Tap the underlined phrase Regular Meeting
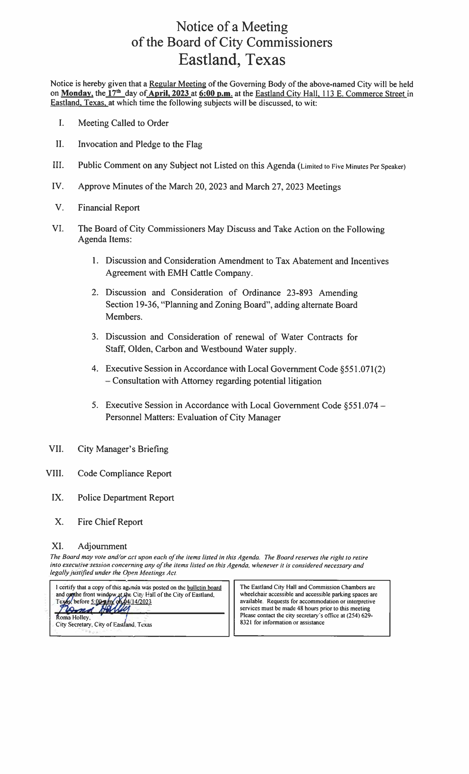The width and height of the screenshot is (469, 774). pyautogui.click(x=178, y=84)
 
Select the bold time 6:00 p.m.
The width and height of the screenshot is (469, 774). pyautogui.click(x=216, y=94)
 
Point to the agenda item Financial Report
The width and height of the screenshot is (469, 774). pyautogui.click(x=109, y=208)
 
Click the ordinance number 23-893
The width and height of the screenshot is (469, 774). pyautogui.click(x=299, y=293)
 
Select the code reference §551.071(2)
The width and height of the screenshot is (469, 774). pyautogui.click(x=363, y=369)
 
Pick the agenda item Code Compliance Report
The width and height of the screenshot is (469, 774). pyautogui.click(x=124, y=473)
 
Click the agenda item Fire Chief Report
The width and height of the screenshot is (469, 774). pyautogui.click(x=110, y=522)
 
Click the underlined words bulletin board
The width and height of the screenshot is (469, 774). pyautogui.click(x=204, y=588)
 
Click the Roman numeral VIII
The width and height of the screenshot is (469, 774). pyautogui.click(x=55, y=473)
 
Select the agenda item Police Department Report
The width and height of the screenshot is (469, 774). pyautogui.click(x=126, y=498)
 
